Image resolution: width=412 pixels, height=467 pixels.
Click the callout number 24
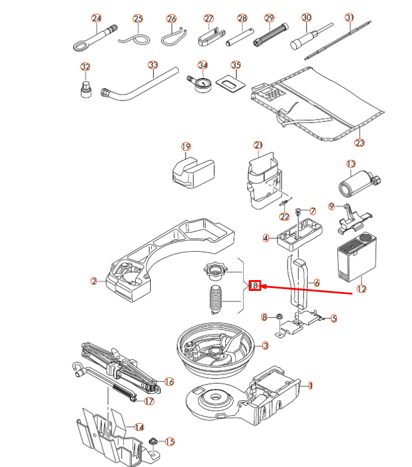(96, 19)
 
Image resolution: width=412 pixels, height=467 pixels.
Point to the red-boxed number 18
(255, 285)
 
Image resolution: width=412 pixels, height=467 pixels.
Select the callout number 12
(361, 288)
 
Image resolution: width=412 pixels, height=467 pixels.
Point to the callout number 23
(360, 142)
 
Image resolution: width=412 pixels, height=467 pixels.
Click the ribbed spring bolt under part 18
(215, 301)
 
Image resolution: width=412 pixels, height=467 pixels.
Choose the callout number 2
(94, 281)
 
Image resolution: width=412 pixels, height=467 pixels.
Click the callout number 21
(258, 145)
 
